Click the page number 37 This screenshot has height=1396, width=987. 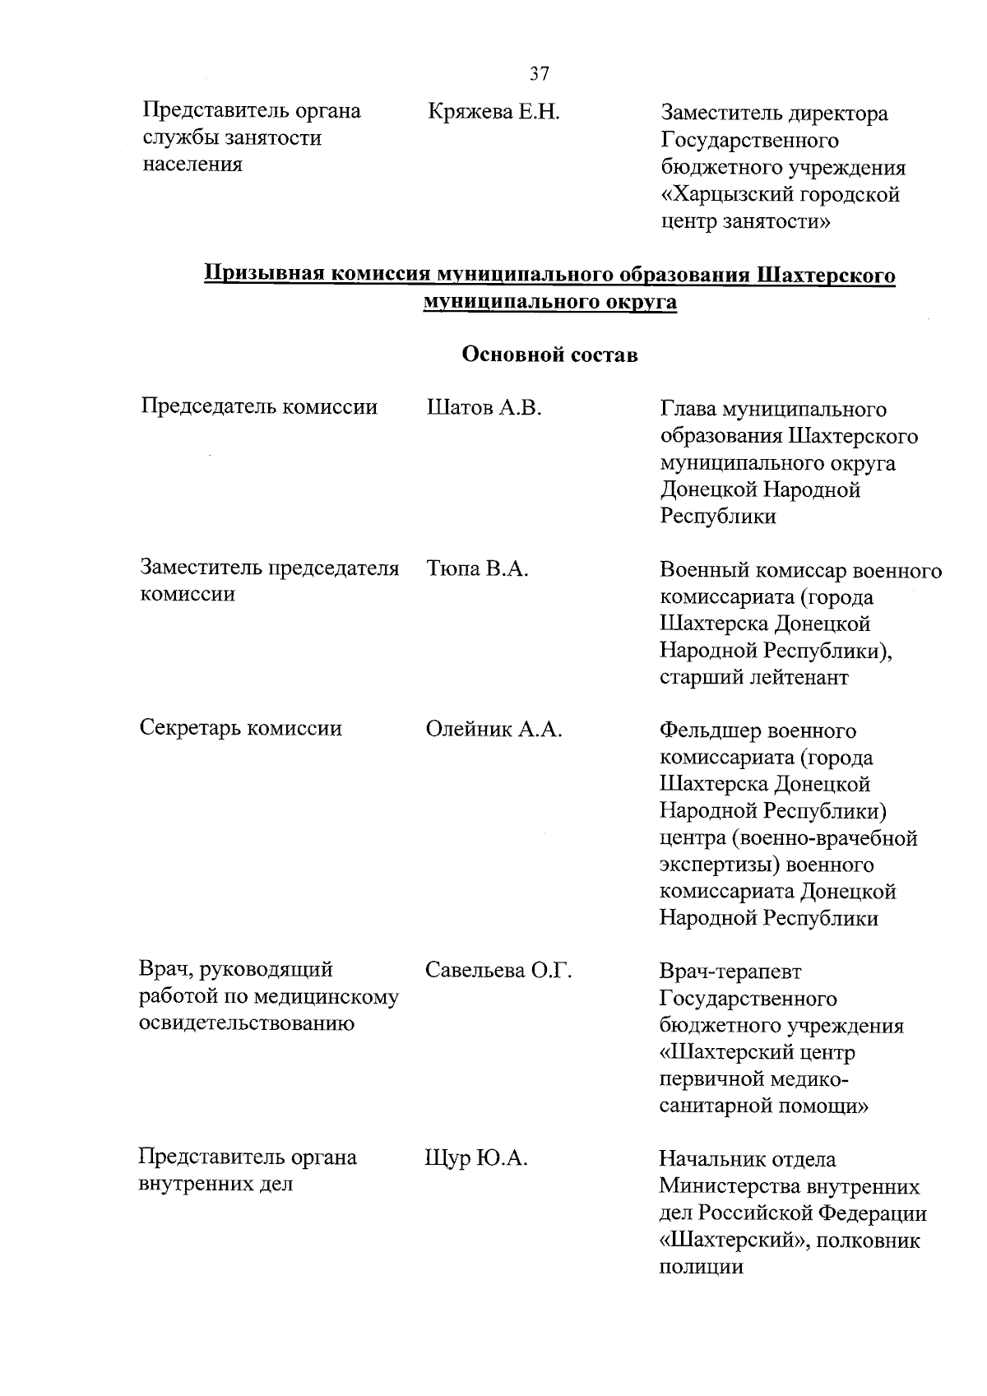[539, 74]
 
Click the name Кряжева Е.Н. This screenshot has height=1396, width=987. [493, 111]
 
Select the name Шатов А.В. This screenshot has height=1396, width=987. [484, 407]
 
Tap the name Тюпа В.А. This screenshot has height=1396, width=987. [477, 568]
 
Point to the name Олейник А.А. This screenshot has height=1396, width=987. [493, 729]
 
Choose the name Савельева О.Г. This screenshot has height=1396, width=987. [498, 971]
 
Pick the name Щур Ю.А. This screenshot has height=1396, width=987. [476, 1158]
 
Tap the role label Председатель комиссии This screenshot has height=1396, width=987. [259, 406]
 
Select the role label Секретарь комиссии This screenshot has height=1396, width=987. [241, 728]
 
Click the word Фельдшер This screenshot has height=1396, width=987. [709, 730]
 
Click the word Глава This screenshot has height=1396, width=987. [688, 409]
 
